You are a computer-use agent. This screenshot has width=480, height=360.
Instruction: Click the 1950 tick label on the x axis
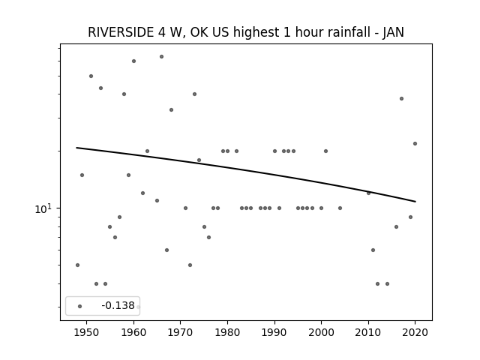[87, 332]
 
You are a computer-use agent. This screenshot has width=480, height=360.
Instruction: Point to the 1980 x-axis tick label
[227, 332]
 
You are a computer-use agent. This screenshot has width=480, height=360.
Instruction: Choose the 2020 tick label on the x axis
[415, 332]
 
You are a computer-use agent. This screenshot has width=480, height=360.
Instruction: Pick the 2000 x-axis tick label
[322, 332]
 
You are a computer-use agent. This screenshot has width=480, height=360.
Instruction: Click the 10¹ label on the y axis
[43, 208]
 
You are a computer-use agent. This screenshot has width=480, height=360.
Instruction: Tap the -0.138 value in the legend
[118, 305]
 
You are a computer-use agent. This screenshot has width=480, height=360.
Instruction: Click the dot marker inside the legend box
[80, 306]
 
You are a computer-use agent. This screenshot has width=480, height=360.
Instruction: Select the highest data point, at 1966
[162, 57]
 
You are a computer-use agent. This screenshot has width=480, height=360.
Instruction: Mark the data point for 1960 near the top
[133, 61]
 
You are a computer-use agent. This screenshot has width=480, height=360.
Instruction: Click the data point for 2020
[415, 143]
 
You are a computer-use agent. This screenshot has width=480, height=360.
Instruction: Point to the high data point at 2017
[402, 98]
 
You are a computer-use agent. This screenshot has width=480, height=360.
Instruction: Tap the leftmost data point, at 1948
[77, 265]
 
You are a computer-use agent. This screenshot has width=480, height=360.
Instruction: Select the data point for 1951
[91, 76]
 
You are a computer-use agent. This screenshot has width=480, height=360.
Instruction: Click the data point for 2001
[325, 151]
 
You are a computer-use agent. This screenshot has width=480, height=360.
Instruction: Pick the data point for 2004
[340, 208]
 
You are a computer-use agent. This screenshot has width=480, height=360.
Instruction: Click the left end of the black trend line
[76, 148]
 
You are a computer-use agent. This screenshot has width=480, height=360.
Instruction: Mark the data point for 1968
[172, 110]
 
